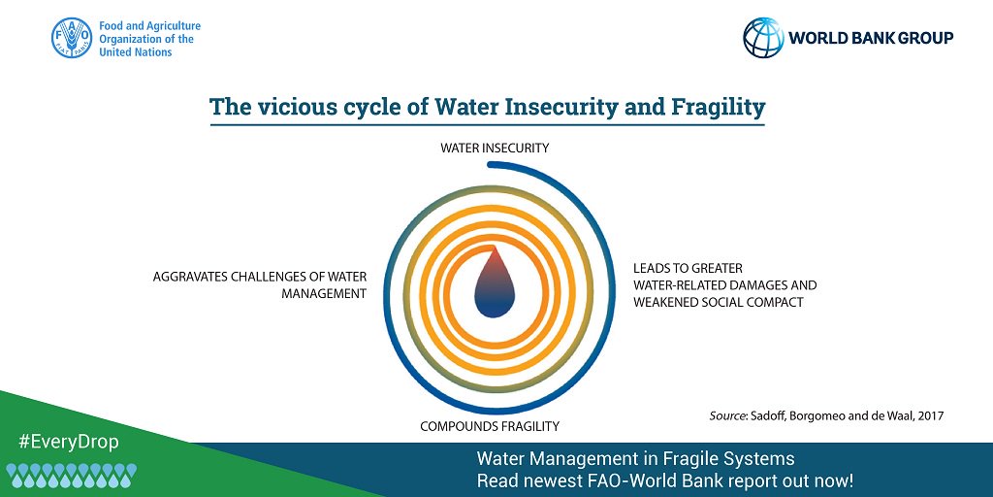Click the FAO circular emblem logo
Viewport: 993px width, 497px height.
click(x=72, y=39)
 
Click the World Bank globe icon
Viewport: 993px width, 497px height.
click(x=763, y=38)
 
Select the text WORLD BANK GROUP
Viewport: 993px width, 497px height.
click(x=870, y=38)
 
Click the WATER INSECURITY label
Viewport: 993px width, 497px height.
click(x=495, y=149)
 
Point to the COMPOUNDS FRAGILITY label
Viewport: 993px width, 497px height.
click(x=490, y=426)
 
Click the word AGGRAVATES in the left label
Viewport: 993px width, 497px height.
click(x=190, y=277)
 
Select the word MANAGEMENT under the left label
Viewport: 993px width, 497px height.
click(x=324, y=293)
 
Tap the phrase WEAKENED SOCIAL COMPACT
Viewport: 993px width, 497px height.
click(x=719, y=302)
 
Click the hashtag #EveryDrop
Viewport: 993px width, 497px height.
click(x=68, y=442)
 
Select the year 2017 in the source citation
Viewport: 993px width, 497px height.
click(x=928, y=415)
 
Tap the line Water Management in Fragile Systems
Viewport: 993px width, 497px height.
click(x=635, y=459)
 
